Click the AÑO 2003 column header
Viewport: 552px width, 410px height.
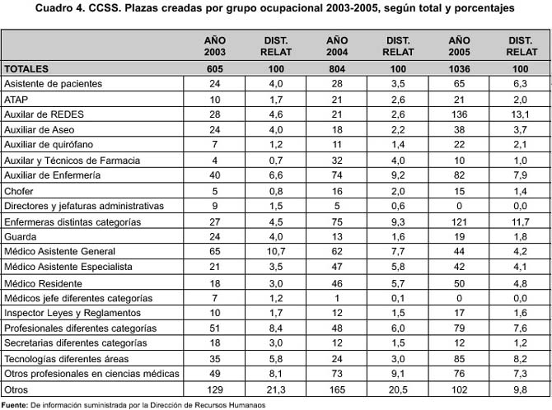click(x=215, y=46)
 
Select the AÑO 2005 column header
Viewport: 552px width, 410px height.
click(x=459, y=46)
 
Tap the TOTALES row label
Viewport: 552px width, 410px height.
click(x=26, y=68)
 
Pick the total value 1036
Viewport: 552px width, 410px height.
click(x=459, y=68)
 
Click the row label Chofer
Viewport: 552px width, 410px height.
click(x=19, y=191)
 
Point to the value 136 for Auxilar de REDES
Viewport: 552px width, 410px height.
click(x=459, y=114)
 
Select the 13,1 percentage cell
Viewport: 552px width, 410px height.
click(x=521, y=114)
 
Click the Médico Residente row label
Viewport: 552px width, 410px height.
click(x=43, y=283)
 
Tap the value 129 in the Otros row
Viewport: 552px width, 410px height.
click(x=215, y=389)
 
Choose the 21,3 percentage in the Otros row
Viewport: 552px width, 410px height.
click(x=276, y=389)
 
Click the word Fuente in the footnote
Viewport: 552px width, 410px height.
click(x=15, y=405)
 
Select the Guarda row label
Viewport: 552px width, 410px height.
click(x=21, y=236)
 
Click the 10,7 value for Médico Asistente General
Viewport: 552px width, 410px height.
click(x=276, y=251)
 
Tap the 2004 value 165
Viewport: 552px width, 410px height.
click(x=337, y=389)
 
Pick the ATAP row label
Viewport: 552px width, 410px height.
click(x=16, y=100)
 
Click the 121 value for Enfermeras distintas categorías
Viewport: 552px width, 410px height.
click(x=459, y=222)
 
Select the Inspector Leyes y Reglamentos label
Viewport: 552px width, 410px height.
click(x=73, y=313)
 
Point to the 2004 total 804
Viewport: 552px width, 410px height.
click(x=337, y=68)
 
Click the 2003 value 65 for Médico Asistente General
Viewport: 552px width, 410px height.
click(x=215, y=251)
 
